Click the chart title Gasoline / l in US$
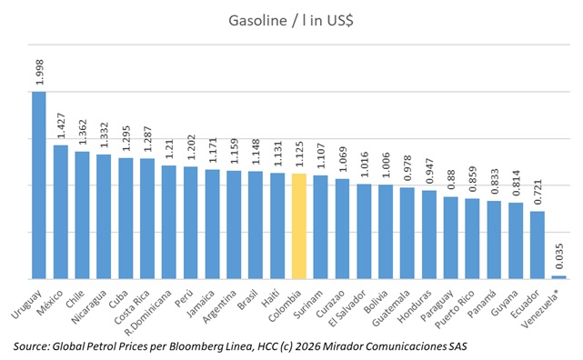point(292,25)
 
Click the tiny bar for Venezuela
point(558,276)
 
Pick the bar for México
point(60,211)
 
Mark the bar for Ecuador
point(537,245)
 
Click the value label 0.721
point(538,195)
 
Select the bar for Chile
point(82,215)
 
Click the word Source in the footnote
point(35,346)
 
